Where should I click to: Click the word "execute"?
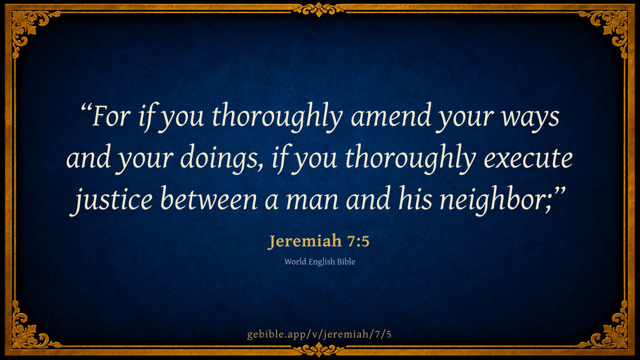pos(528,159)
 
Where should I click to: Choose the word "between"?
pos(209,198)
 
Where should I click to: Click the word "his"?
pos(415,198)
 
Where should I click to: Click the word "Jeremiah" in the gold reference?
pos(305,241)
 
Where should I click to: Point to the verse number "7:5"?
pos(358,242)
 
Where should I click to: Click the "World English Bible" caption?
pos(319,262)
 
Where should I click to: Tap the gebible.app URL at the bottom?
pos(319,334)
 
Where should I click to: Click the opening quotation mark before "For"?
pos(86,109)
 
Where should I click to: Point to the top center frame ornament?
pos(319,10)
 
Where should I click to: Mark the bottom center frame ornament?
pos(319,349)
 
